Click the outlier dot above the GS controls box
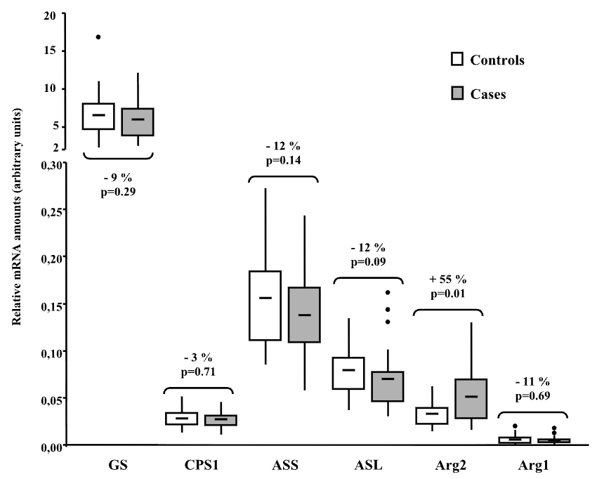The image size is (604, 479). click(x=98, y=37)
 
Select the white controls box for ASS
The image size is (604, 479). click(x=265, y=306)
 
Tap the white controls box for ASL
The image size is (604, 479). click(x=348, y=373)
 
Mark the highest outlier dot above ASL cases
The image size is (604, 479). click(x=387, y=292)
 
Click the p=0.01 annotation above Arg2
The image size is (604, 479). click(x=447, y=294)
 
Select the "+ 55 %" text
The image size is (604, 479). click(x=447, y=280)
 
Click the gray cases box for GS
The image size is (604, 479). click(x=138, y=122)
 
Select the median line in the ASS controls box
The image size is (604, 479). click(x=265, y=298)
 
